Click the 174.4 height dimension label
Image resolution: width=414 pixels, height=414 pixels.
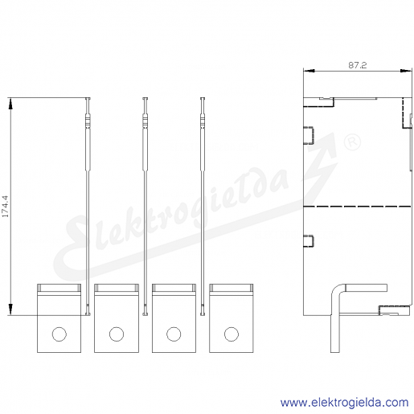(x=6, y=206)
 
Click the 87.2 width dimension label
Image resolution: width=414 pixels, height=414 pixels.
(x=358, y=65)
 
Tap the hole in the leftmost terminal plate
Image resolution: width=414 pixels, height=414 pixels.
(x=59, y=334)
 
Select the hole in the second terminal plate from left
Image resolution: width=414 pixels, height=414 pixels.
(x=117, y=334)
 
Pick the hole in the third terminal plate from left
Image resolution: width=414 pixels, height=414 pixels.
(x=174, y=334)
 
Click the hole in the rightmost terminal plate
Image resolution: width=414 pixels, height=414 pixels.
(x=232, y=334)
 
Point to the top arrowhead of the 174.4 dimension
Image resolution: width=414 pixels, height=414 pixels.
(x=10, y=104)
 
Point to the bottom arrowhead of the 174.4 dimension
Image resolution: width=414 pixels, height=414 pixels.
(x=10, y=309)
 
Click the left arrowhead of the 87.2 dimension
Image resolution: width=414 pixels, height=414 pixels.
(x=309, y=71)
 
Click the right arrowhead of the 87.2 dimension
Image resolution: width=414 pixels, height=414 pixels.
(x=406, y=71)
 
